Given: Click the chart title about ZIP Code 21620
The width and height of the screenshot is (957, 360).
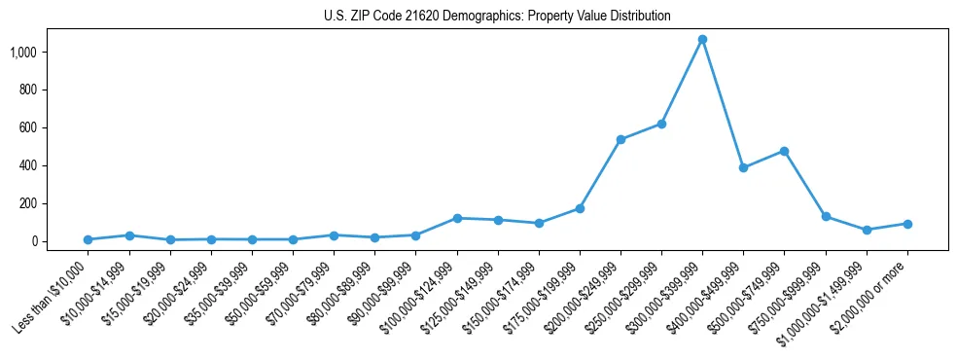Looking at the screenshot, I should [x=497, y=17].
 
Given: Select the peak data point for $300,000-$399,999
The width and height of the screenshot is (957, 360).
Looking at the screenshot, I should [x=702, y=40].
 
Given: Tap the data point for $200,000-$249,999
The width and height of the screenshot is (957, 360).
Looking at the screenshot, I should [x=620, y=139].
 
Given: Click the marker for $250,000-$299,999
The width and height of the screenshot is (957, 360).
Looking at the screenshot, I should [x=661, y=124].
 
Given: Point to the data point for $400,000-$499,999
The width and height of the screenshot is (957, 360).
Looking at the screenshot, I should [x=743, y=167].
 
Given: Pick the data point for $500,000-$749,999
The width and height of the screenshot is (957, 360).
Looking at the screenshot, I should [x=784, y=151].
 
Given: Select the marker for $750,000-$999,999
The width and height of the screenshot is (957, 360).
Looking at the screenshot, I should [x=826, y=216].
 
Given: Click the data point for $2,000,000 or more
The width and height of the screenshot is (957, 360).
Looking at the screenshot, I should [x=907, y=224].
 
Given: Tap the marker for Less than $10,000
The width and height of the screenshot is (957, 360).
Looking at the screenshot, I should [x=88, y=239].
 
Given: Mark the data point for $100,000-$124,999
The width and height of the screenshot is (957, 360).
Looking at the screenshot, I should [x=456, y=218].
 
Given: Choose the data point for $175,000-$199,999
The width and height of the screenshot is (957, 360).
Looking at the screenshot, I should [x=580, y=208].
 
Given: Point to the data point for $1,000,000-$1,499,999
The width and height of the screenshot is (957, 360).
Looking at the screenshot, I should [x=867, y=230].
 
